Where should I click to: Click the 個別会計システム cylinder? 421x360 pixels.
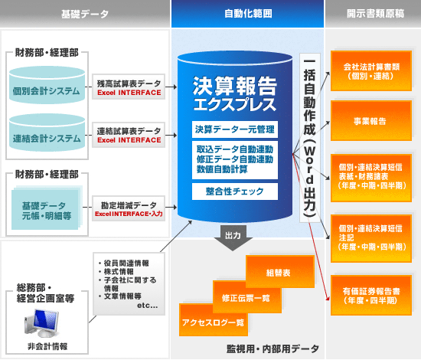coord(47,85)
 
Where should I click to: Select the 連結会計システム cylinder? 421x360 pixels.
coord(47,133)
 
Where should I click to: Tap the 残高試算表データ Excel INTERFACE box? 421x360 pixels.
coord(129,87)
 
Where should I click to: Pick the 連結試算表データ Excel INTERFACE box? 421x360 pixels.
coord(129,135)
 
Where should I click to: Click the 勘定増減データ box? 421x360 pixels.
coord(129,209)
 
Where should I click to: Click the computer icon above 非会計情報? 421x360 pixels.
coord(41,323)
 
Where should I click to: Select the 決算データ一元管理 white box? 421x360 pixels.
coord(235,129)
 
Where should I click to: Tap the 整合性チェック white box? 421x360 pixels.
coord(235,191)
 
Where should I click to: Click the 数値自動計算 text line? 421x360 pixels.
coord(222,169)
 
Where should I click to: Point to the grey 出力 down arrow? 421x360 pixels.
coord(233,238)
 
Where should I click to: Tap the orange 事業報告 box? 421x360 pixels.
coord(371,121)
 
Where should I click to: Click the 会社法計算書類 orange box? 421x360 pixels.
coord(371,71)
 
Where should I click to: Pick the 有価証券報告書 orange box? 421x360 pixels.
coord(371,295)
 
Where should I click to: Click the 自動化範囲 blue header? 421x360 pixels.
coord(247,14)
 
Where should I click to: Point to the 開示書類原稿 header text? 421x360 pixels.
coord(375,14)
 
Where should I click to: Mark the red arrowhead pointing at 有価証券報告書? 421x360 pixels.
coord(328,298)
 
